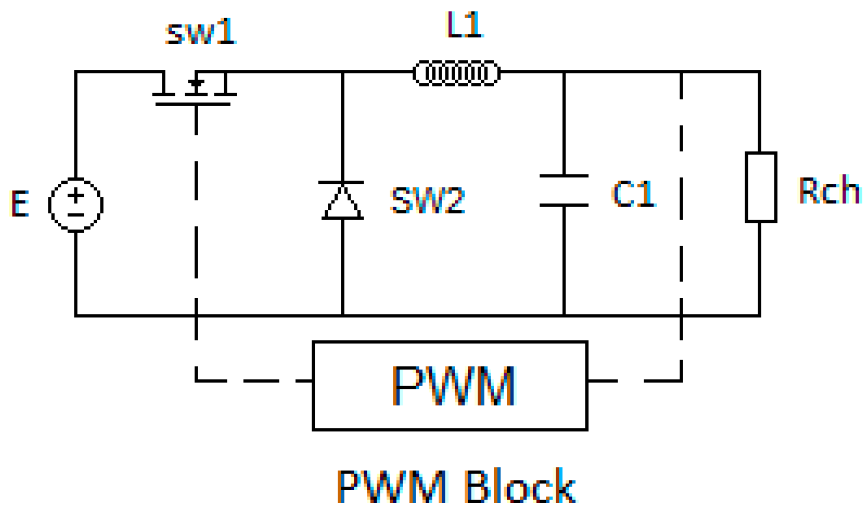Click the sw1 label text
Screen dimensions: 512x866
[200, 32]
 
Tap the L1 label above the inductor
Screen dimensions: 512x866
[465, 25]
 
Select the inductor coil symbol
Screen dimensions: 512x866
[457, 73]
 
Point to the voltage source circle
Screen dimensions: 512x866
[76, 204]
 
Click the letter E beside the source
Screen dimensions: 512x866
[20, 204]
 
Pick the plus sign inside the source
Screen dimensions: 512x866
[76, 196]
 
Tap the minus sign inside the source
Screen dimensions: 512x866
[76, 215]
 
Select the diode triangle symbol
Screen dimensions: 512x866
[342, 201]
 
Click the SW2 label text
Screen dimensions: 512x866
[428, 201]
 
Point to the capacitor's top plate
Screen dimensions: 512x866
[564, 176]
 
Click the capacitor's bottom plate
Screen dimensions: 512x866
[564, 205]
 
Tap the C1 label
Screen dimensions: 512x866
[633, 194]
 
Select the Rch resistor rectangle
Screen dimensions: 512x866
[761, 187]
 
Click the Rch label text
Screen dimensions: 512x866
[829, 190]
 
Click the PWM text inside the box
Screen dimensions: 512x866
[453, 386]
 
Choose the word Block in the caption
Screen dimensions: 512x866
[520, 486]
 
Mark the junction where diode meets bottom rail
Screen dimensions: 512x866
[343, 315]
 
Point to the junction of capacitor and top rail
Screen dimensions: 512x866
[564, 72]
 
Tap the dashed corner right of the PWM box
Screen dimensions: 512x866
[681, 381]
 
